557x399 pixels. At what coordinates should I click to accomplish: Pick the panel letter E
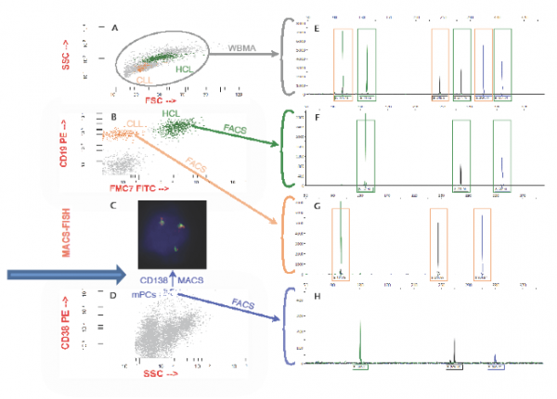click(317, 29)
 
